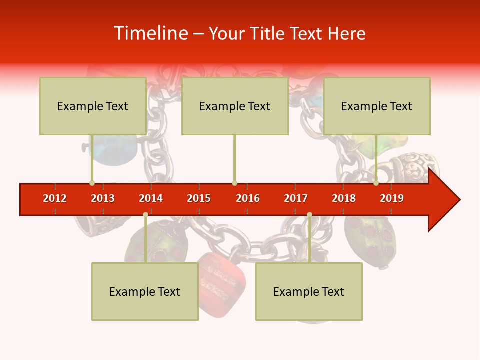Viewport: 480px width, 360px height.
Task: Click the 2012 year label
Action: [55, 198]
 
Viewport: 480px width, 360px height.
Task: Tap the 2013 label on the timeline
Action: [103, 198]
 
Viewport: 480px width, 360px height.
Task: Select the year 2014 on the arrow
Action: [151, 198]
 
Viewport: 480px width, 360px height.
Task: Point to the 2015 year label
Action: [199, 198]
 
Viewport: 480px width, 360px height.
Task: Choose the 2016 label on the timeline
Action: [248, 198]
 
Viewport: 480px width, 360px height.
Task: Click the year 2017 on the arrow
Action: [296, 198]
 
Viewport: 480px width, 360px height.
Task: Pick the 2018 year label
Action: [344, 198]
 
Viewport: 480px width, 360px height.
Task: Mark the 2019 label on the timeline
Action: [392, 198]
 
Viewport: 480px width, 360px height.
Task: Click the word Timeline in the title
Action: [150, 33]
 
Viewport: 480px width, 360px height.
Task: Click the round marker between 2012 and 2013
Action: [92, 183]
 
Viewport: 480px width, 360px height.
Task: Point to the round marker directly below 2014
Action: [145, 215]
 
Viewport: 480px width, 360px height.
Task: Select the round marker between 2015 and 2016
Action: [234, 183]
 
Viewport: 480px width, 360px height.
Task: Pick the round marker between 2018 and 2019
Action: [376, 183]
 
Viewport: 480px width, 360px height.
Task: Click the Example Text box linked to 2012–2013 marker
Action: [93, 106]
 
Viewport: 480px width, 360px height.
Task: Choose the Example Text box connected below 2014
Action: [145, 291]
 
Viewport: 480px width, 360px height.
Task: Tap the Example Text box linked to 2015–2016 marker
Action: [235, 106]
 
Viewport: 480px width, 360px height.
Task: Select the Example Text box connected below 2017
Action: [309, 291]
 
